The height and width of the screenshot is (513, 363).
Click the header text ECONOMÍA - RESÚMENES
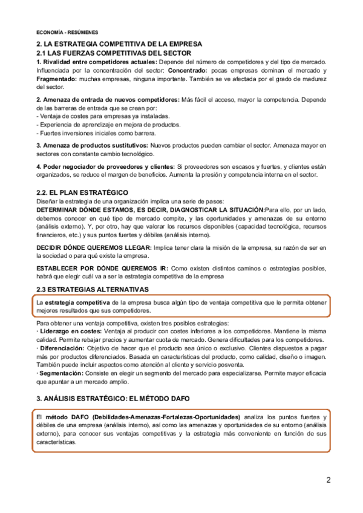67,32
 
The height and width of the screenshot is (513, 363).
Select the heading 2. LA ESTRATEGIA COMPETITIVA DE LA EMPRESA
119,45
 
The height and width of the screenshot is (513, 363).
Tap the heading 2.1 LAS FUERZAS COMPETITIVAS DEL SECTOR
114,53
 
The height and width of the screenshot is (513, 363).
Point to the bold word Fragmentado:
57,79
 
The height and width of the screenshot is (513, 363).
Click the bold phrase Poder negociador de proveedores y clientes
105,166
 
